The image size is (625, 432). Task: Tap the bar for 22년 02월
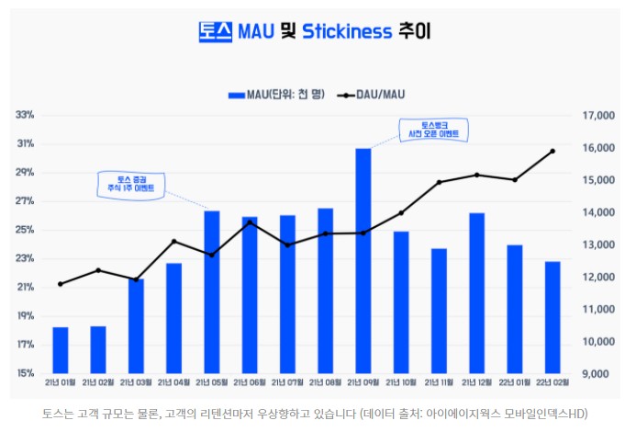pyautogui.click(x=552, y=317)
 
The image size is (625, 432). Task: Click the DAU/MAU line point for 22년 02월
pyautogui.click(x=552, y=151)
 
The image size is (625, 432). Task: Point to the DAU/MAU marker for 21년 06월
pyautogui.click(x=250, y=222)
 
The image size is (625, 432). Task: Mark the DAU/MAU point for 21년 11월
pyautogui.click(x=439, y=182)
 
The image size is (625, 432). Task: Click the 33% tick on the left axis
pyautogui.click(x=26, y=115)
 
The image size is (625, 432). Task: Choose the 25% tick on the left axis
pyautogui.click(x=26, y=230)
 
